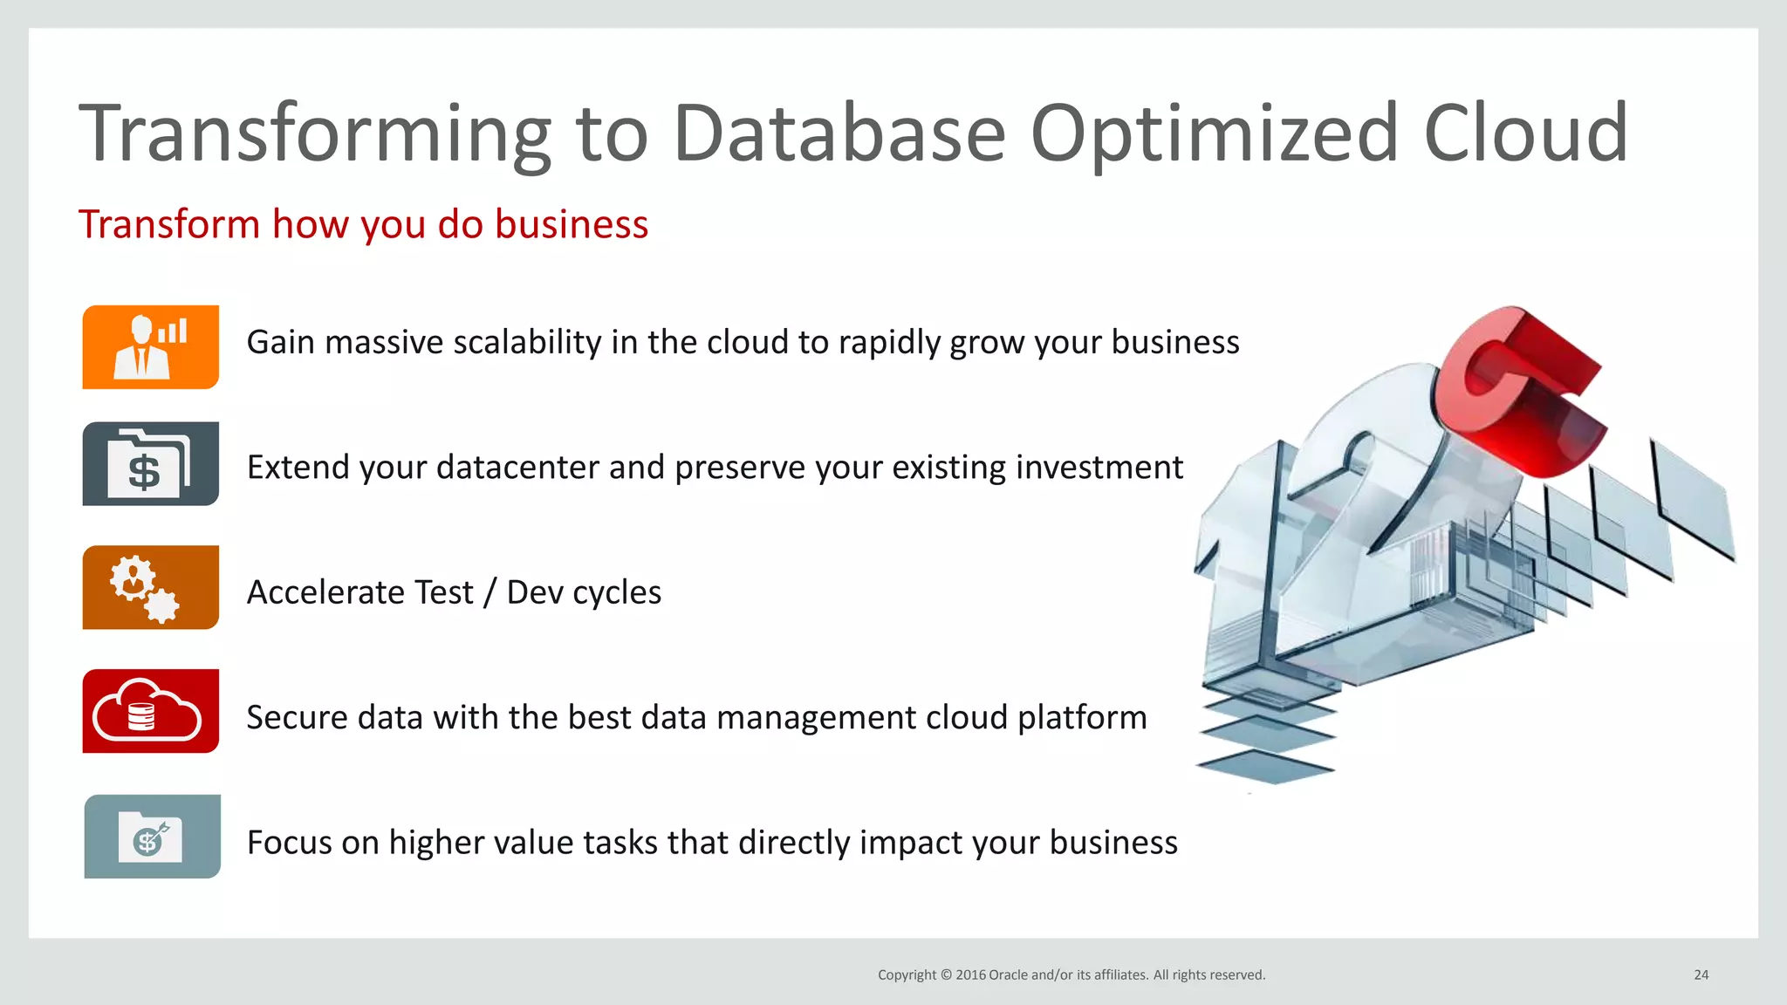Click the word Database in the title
coord(839,133)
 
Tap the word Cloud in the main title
coord(1525,133)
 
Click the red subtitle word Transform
coord(169,224)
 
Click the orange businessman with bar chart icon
coord(150,347)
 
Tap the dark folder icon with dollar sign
coord(150,464)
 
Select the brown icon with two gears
coord(150,588)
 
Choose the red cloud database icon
coord(150,712)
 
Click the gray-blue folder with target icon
coord(152,837)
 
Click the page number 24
coord(1701,975)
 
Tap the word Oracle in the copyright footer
coord(1007,975)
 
